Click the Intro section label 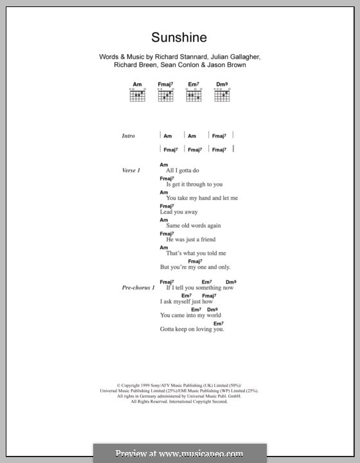(x=129, y=136)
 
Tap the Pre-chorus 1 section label (x=138, y=287)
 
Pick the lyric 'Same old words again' (x=193, y=226)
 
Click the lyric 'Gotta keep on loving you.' (x=192, y=329)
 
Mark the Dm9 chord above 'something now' (x=231, y=282)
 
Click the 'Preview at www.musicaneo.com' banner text (x=179, y=452)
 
